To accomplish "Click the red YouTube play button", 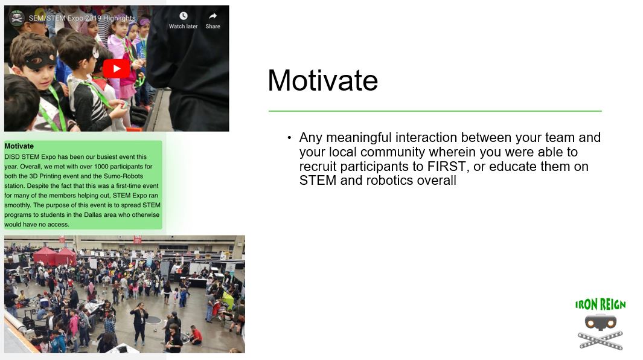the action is click(117, 68).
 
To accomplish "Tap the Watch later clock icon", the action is click(184, 16).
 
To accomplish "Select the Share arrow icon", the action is click(213, 16).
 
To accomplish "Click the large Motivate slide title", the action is click(323, 80).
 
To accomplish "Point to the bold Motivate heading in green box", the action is click(19, 146).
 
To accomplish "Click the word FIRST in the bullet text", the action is click(446, 166).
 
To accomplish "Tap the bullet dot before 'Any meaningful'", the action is click(290, 138).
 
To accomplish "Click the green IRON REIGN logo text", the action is click(600, 304).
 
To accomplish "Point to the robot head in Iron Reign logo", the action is click(600, 322).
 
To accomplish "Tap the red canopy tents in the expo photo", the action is click(54, 256).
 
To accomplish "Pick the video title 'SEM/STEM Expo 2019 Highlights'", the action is click(82, 18).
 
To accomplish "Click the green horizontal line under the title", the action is click(435, 111).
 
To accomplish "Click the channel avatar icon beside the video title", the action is click(17, 18).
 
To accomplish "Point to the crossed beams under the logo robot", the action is click(600, 341).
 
